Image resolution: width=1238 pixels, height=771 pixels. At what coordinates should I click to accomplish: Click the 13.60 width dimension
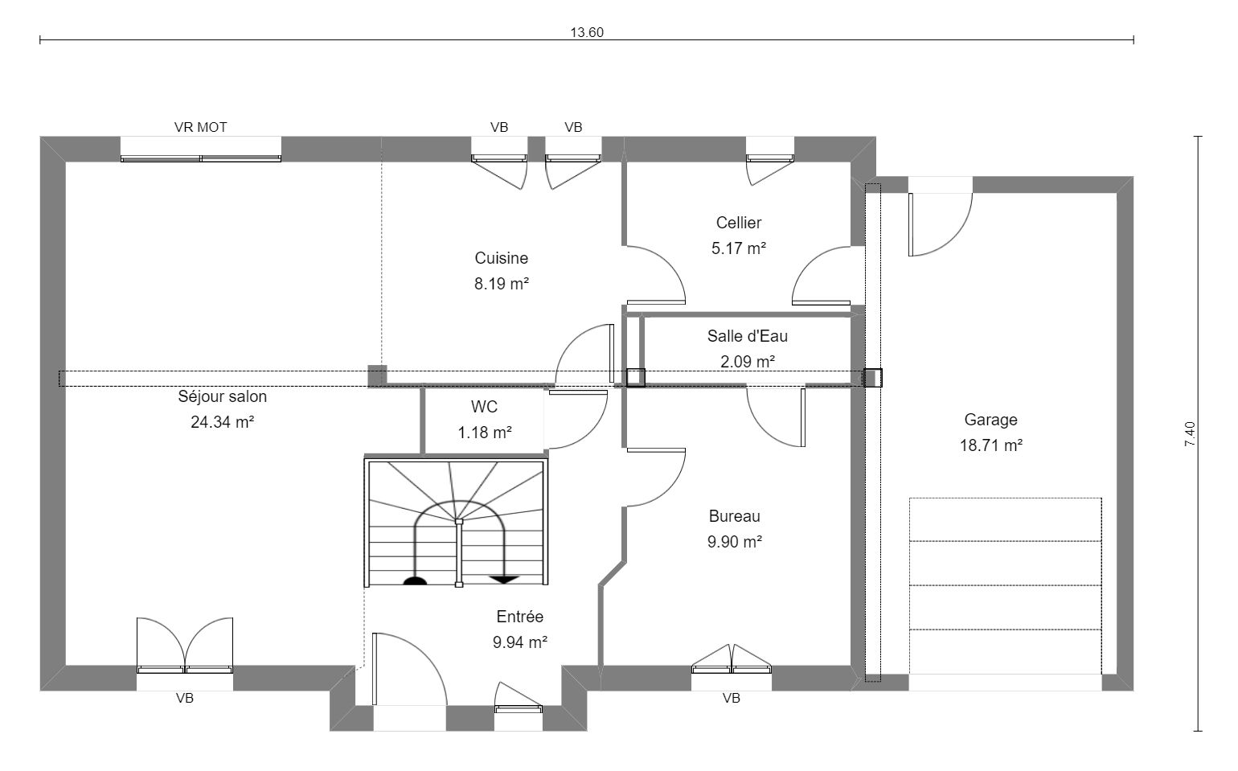(x=587, y=33)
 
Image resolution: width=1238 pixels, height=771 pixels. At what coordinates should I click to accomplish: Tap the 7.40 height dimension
(x=1190, y=434)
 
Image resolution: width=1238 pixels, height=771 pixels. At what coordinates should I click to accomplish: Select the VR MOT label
(x=201, y=128)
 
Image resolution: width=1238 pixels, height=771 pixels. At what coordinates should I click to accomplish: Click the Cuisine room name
(x=502, y=258)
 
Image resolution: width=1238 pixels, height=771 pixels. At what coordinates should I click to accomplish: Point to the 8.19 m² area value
(x=502, y=284)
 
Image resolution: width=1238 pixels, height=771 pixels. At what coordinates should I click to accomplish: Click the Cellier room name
(x=739, y=223)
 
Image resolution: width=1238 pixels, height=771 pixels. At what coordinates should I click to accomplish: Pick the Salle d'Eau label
(x=748, y=336)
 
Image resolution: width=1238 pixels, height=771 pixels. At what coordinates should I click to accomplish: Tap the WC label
(x=484, y=407)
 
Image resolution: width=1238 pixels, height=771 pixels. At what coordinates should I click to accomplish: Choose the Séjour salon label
(x=222, y=396)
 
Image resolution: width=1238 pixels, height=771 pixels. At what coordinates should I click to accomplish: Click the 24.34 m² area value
(x=222, y=422)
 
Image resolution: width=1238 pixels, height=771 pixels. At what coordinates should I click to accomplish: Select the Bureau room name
(x=735, y=516)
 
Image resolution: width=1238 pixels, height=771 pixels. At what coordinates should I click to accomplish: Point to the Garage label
(x=991, y=420)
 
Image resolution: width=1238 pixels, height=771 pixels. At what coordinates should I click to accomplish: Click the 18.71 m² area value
(x=991, y=445)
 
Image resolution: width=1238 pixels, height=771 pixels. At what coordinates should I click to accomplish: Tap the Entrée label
(x=519, y=617)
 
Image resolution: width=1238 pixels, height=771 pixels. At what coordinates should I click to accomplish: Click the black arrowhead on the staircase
(x=503, y=580)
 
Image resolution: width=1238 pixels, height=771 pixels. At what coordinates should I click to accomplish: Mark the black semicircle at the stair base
(x=415, y=580)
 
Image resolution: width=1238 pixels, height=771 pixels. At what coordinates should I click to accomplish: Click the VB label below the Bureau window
(x=732, y=699)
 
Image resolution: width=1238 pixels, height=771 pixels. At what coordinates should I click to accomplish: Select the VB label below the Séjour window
(x=185, y=699)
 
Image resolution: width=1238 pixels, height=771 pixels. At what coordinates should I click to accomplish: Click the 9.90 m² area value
(x=735, y=542)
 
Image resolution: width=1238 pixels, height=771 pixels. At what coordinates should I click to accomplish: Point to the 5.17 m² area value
(x=739, y=248)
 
